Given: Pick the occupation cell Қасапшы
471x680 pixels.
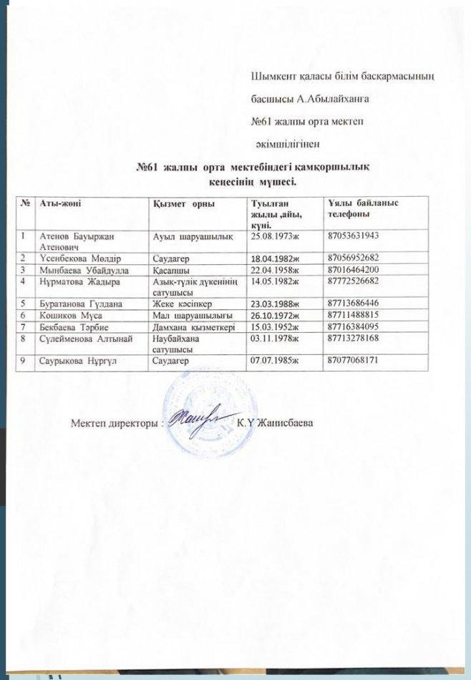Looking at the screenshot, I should point(170,269).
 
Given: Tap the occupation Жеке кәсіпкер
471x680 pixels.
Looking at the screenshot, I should point(182,303).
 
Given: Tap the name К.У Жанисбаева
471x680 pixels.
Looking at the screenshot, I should point(275,422).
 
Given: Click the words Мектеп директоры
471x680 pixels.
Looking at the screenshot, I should point(115,422).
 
